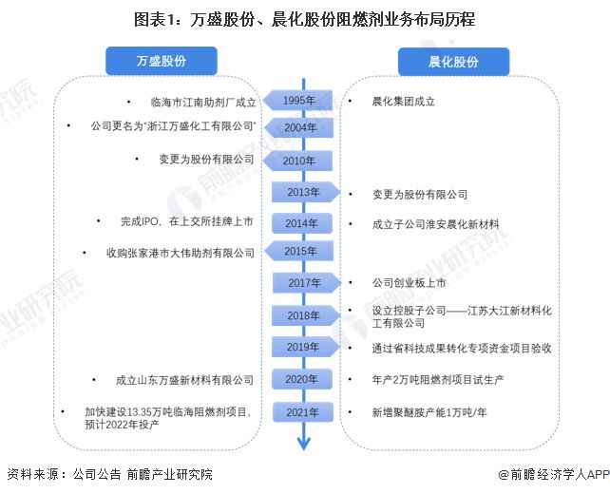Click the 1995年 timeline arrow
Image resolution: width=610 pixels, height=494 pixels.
click(297, 101)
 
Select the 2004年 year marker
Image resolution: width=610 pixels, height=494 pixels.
click(297, 127)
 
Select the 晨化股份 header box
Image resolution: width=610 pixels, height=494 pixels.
click(452, 62)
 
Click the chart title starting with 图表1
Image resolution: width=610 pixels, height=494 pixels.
click(305, 18)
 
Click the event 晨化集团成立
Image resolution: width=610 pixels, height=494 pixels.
click(405, 102)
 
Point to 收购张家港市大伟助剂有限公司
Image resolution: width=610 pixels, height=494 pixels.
click(181, 253)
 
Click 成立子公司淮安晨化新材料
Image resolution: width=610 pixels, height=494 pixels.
click(436, 224)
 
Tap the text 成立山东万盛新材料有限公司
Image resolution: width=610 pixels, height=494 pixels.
click(184, 380)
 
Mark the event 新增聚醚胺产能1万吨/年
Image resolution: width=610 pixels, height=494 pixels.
click(430, 412)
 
